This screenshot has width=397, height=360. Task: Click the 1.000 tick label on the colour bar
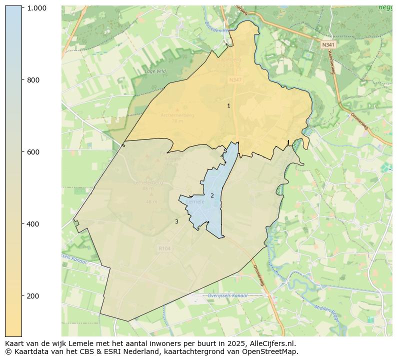36,8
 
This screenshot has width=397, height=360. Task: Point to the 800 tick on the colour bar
33,80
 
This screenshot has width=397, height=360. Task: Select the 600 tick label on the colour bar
33,152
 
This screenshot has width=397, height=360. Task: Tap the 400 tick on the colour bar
33,224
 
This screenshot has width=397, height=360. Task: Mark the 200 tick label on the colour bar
33,296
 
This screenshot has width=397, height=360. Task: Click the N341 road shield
328,44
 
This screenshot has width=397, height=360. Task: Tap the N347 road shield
235,80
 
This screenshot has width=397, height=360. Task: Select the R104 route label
164,248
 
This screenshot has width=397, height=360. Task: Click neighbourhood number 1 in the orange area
228,105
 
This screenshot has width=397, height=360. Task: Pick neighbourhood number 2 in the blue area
212,195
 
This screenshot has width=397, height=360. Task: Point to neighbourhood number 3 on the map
176,221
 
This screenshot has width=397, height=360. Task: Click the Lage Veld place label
155,71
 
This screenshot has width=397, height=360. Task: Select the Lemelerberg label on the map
148,183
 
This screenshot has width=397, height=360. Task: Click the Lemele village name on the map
195,202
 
